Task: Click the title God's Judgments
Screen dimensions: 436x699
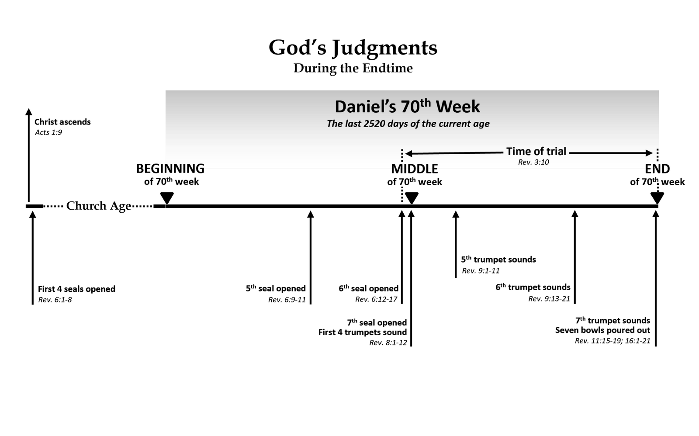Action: click(353, 48)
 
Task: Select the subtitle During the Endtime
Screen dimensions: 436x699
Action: click(353, 68)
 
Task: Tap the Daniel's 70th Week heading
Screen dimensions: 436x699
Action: click(407, 107)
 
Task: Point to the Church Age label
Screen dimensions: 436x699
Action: click(98, 206)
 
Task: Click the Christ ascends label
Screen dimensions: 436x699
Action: click(62, 122)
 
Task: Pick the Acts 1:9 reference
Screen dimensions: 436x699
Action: click(48, 132)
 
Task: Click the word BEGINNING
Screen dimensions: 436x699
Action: click(170, 169)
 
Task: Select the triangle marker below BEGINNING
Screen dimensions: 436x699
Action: click(167, 198)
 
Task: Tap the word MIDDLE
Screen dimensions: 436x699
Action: click(414, 169)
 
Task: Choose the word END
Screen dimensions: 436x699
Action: click(657, 169)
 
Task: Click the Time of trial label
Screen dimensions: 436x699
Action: click(536, 152)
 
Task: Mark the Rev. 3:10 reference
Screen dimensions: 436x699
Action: click(533, 162)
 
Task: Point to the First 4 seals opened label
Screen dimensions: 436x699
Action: click(76, 289)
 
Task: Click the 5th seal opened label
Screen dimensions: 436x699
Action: click(276, 288)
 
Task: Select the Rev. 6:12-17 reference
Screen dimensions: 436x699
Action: click(376, 299)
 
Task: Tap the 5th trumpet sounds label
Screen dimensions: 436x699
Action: click(498, 260)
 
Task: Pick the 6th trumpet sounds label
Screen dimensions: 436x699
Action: click(533, 287)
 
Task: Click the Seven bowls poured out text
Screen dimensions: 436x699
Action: click(602, 330)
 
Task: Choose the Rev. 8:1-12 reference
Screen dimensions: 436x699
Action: click(388, 343)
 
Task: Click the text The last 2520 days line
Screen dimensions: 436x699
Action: click(408, 124)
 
